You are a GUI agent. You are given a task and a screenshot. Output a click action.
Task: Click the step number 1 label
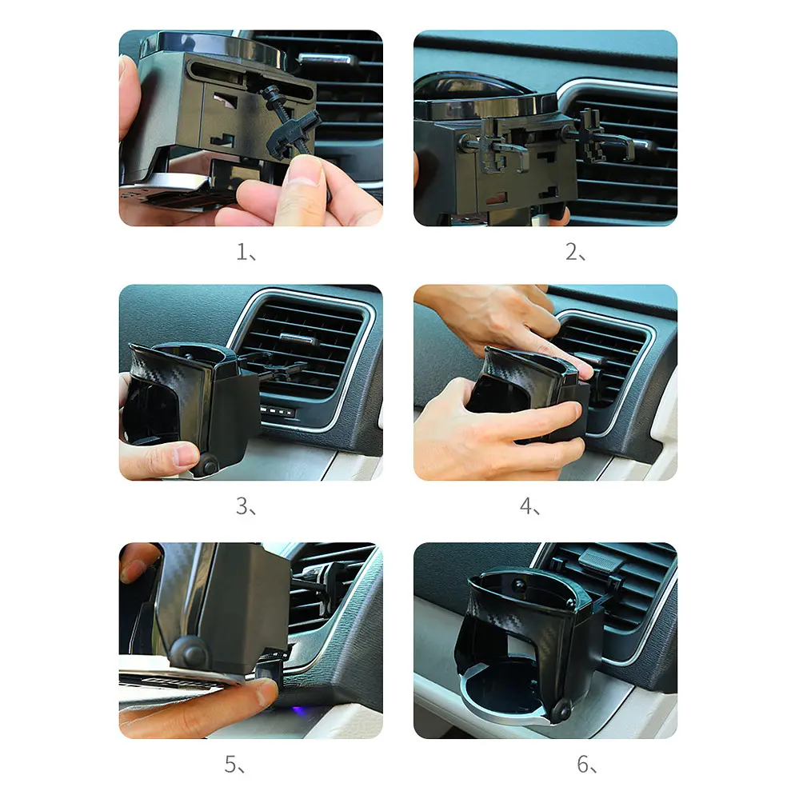tap(246, 252)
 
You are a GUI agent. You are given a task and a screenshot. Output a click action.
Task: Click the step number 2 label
tap(575, 252)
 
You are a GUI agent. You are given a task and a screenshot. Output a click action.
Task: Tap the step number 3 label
tap(246, 506)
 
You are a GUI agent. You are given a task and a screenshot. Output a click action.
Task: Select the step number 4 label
tap(529, 506)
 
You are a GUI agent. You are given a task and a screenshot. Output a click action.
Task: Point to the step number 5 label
tap(234, 765)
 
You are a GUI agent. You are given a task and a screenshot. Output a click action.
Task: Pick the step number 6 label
tap(587, 765)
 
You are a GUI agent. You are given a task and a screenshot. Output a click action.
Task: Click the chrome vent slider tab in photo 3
tap(298, 339)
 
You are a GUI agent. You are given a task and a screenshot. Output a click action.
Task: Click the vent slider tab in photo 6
tap(600, 559)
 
